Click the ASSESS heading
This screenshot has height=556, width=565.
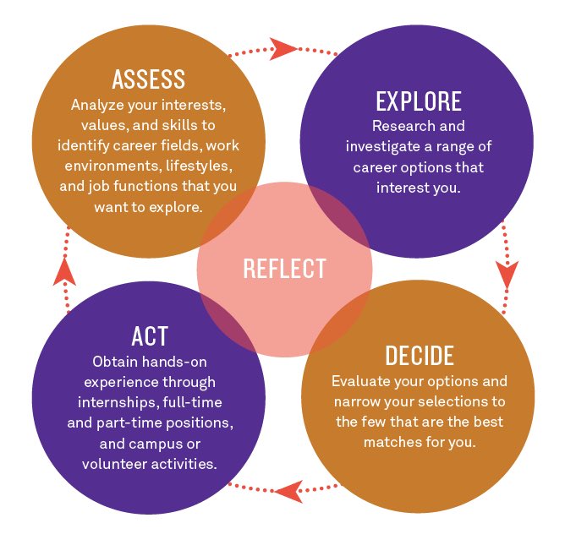(148, 79)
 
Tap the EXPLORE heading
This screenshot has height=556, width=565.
(419, 101)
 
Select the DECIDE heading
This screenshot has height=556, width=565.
(420, 355)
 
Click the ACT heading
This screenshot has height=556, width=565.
(149, 335)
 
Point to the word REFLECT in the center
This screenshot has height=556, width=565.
(284, 269)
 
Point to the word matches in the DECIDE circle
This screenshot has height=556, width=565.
(391, 442)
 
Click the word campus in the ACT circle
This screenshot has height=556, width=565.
(150, 443)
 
